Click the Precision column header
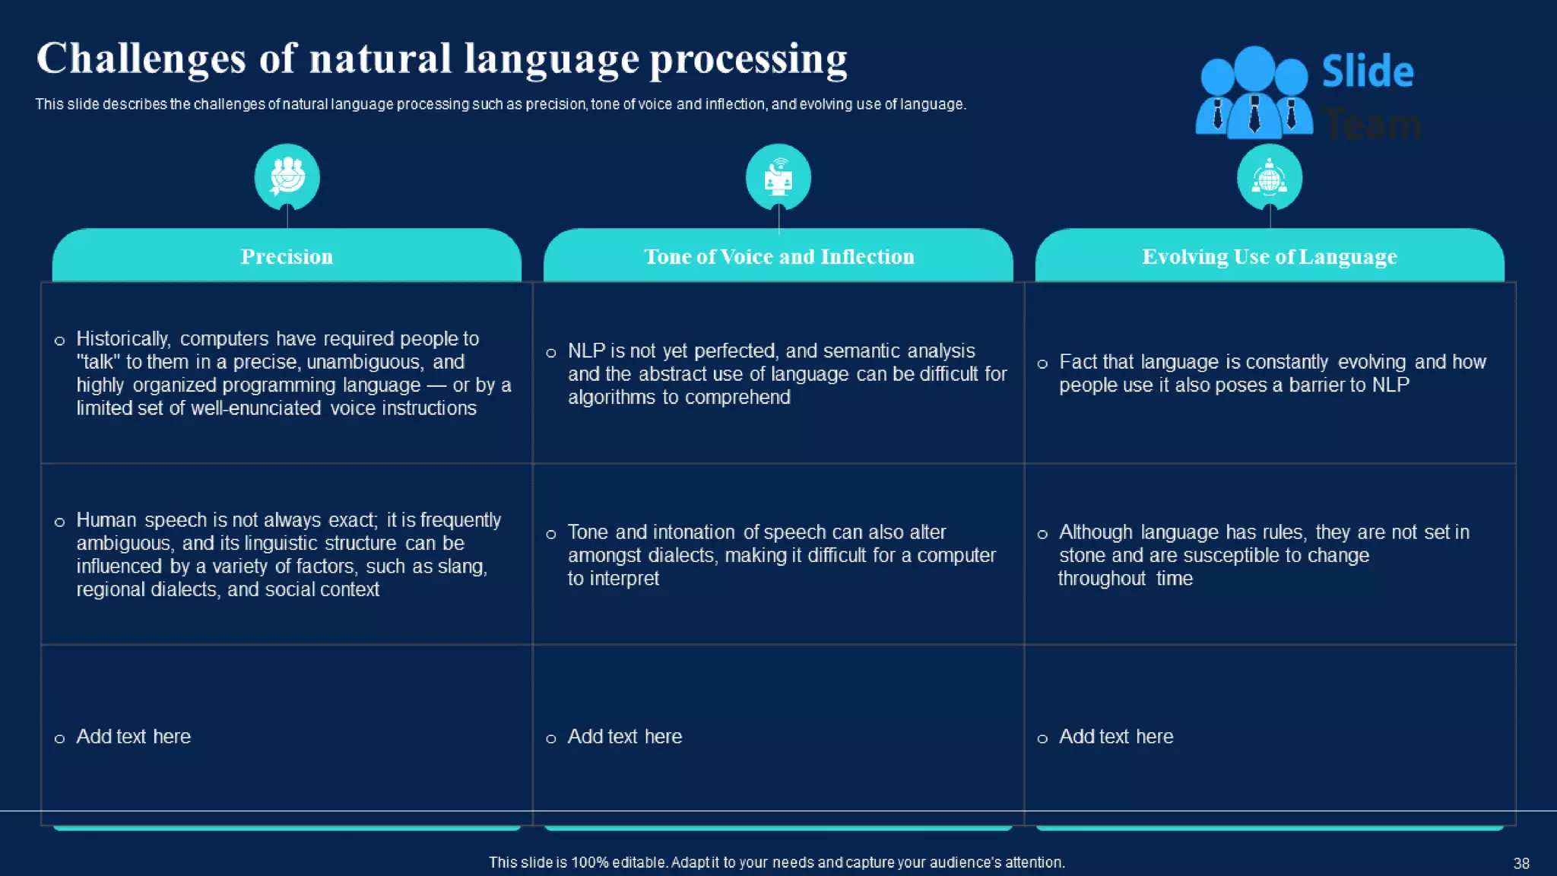287,257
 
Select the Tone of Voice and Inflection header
778,257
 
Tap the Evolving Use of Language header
1269,257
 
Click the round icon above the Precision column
287,177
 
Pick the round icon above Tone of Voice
778,177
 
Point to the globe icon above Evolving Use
1269,178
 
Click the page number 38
1521,863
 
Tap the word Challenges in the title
141,59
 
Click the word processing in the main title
748,60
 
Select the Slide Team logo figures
1253,93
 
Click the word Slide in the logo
1367,72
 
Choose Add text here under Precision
133,736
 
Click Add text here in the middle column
624,736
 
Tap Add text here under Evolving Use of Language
1115,736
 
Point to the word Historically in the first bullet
122,338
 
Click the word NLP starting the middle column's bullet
586,351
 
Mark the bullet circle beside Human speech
59,522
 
